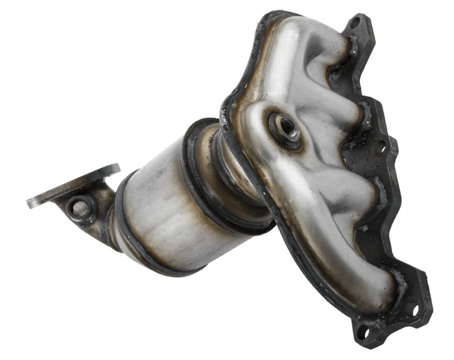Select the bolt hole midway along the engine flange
click(x=380, y=148)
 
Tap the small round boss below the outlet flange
click(x=79, y=207)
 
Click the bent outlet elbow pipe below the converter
click(x=102, y=214)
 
